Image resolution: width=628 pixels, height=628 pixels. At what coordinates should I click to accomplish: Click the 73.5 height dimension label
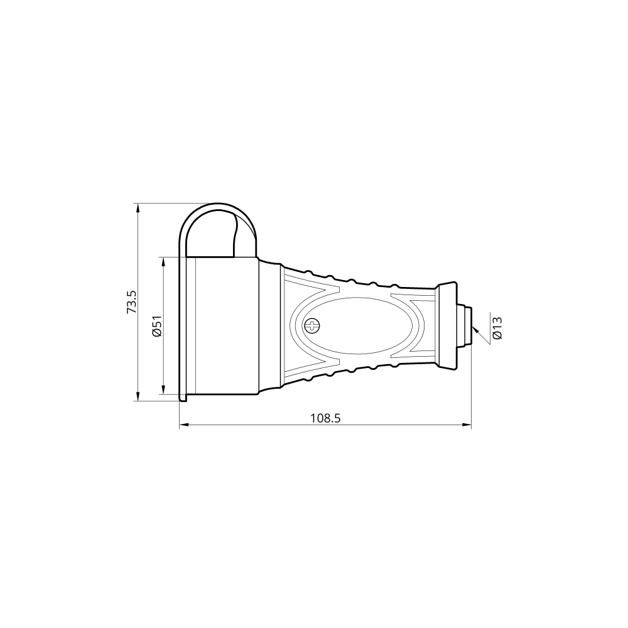point(132,302)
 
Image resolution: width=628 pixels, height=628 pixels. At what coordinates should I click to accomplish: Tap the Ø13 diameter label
point(497,328)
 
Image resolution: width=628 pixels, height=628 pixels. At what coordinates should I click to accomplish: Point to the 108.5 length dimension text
point(325,418)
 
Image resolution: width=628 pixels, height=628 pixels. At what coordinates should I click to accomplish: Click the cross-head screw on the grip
point(312,325)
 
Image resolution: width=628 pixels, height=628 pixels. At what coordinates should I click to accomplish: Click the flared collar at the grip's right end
point(448,325)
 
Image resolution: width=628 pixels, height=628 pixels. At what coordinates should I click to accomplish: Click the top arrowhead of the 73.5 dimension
point(138,207)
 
